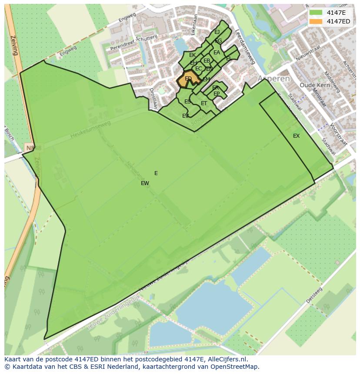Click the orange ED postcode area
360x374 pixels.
(x=187, y=79)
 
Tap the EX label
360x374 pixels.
(x=296, y=136)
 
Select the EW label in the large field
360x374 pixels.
(x=145, y=183)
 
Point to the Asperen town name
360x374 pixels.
(x=273, y=79)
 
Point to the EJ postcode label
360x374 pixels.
(x=217, y=32)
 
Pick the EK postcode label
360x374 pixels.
(x=192, y=55)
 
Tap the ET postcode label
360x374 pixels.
(x=204, y=103)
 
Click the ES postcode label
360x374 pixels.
(x=187, y=102)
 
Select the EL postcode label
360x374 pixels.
(x=228, y=59)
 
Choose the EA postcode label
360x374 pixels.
(x=217, y=53)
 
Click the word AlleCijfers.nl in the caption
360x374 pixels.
(x=225, y=359)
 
